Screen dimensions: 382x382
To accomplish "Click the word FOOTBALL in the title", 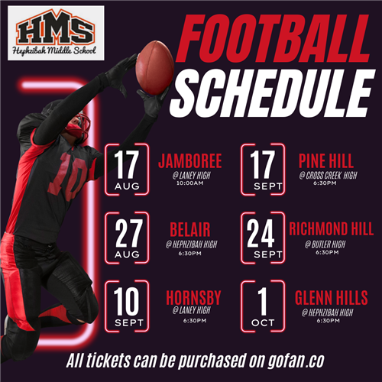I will pos(271,34).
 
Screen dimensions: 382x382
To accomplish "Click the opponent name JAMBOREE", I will pos(189,161).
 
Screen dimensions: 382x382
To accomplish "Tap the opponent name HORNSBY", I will pos(194,298).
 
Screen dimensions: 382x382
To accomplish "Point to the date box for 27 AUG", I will pos(127,239).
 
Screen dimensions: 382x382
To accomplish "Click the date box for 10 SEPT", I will pos(127,306).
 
